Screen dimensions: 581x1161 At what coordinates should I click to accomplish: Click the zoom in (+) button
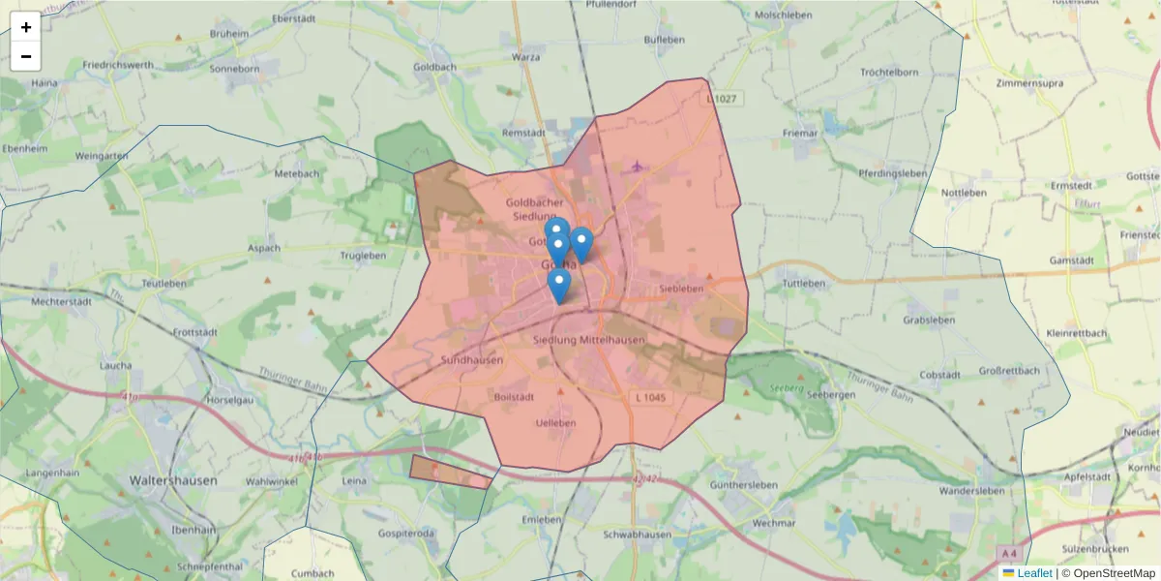click(x=26, y=27)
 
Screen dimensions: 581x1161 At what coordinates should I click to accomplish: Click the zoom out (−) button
click(x=26, y=56)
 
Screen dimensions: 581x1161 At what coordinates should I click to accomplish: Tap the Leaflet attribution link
click(x=1033, y=573)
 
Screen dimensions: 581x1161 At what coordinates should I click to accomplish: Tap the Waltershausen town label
click(x=173, y=479)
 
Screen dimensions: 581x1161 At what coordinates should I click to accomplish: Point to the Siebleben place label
click(x=680, y=289)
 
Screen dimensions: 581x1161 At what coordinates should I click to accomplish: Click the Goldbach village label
click(x=434, y=68)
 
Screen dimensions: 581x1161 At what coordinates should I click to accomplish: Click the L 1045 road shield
click(x=651, y=399)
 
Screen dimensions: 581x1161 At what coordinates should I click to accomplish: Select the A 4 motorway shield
click(x=1010, y=553)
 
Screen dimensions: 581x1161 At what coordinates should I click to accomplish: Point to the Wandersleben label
click(x=972, y=491)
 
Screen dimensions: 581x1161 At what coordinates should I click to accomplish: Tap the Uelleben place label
click(x=555, y=423)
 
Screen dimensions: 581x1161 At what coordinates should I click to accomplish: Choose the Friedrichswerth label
click(x=118, y=65)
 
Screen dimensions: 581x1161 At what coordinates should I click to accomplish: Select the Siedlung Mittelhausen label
click(x=588, y=340)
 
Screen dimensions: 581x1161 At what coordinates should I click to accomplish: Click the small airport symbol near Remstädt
click(x=637, y=168)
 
